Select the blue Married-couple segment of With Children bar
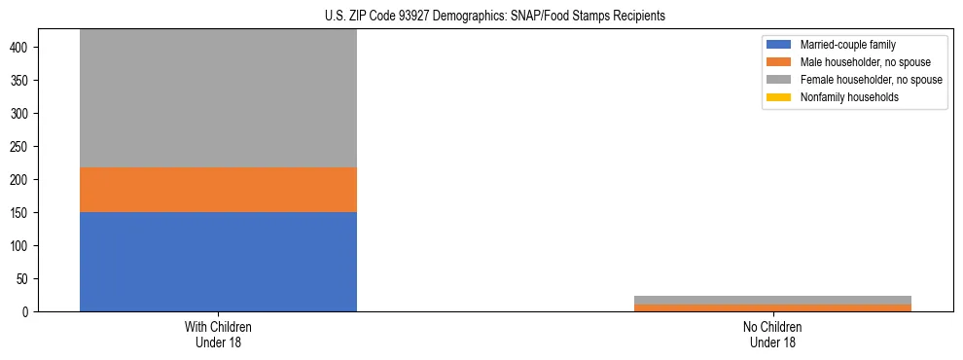tap(218, 262)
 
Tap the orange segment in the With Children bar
tap(218, 190)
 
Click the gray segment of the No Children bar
tap(772, 300)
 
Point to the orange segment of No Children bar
tap(772, 307)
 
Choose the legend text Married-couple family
tap(847, 45)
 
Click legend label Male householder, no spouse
tap(858, 62)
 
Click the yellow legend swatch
tap(779, 97)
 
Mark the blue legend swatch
tap(779, 45)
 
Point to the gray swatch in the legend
tap(779, 80)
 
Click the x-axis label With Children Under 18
tap(218, 334)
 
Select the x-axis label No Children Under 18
tap(772, 334)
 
